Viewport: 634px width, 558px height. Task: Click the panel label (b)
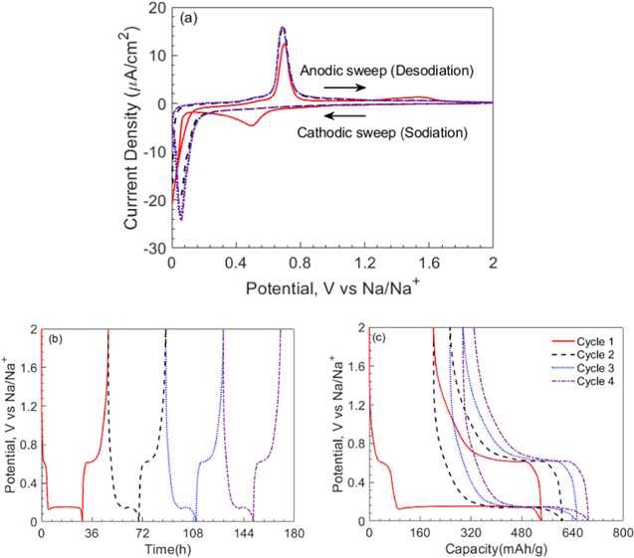click(56, 339)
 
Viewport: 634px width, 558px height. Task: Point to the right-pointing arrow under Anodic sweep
click(343, 88)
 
